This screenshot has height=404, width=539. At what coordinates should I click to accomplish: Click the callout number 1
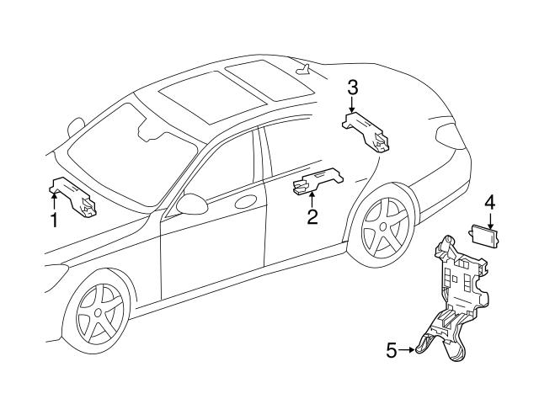click(54, 221)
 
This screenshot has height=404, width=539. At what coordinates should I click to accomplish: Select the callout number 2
click(312, 217)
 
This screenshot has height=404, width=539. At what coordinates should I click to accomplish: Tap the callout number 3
click(352, 88)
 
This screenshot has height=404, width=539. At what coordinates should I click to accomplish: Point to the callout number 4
click(490, 202)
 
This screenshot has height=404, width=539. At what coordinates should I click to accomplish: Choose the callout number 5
click(391, 350)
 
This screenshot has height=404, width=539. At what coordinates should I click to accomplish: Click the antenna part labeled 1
click(72, 197)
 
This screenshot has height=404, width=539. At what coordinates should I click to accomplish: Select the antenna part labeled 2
click(318, 181)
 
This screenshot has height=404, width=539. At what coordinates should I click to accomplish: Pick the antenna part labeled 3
click(366, 132)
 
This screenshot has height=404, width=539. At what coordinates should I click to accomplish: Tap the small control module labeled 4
click(484, 236)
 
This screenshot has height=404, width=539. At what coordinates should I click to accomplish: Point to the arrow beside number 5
click(407, 350)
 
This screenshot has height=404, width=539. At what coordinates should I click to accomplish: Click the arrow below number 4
click(490, 221)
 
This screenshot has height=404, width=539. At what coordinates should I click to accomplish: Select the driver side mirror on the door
click(192, 204)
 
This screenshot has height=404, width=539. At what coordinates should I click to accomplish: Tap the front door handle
click(246, 202)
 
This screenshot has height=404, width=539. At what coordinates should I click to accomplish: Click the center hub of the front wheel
click(98, 312)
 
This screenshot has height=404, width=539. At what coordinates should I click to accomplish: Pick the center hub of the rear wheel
click(382, 227)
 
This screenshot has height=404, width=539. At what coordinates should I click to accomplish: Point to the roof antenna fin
click(303, 69)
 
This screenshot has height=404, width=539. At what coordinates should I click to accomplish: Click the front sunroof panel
click(213, 97)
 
